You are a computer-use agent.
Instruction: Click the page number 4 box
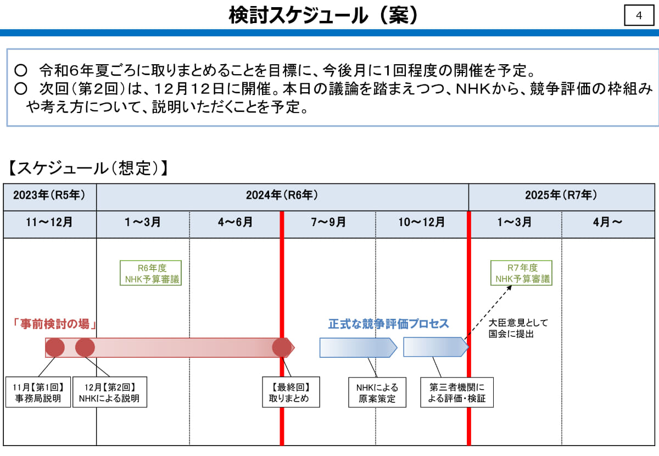coord(639,16)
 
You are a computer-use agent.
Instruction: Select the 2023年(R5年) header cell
coord(49,195)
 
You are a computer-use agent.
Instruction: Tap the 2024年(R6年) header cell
coord(282,195)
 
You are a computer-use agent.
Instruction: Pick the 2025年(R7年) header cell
coord(561,195)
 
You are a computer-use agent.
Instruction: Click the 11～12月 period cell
coord(49,223)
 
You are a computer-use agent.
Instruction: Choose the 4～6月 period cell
coord(235,223)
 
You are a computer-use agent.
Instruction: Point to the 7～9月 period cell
coord(328,223)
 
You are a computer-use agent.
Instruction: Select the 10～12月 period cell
coord(422,223)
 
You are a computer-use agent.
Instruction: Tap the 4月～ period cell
coord(607,223)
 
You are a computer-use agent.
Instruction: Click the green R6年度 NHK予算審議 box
coord(150,273)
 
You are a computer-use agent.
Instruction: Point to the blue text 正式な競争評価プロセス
coord(389,324)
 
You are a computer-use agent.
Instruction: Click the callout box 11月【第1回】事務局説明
coord(38,392)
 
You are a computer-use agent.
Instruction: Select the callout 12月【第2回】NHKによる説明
coord(109,392)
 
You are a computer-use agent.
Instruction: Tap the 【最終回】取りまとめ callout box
coord(291,392)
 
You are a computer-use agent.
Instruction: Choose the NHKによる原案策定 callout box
coord(377,392)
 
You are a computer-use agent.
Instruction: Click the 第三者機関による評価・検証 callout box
coord(457,392)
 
